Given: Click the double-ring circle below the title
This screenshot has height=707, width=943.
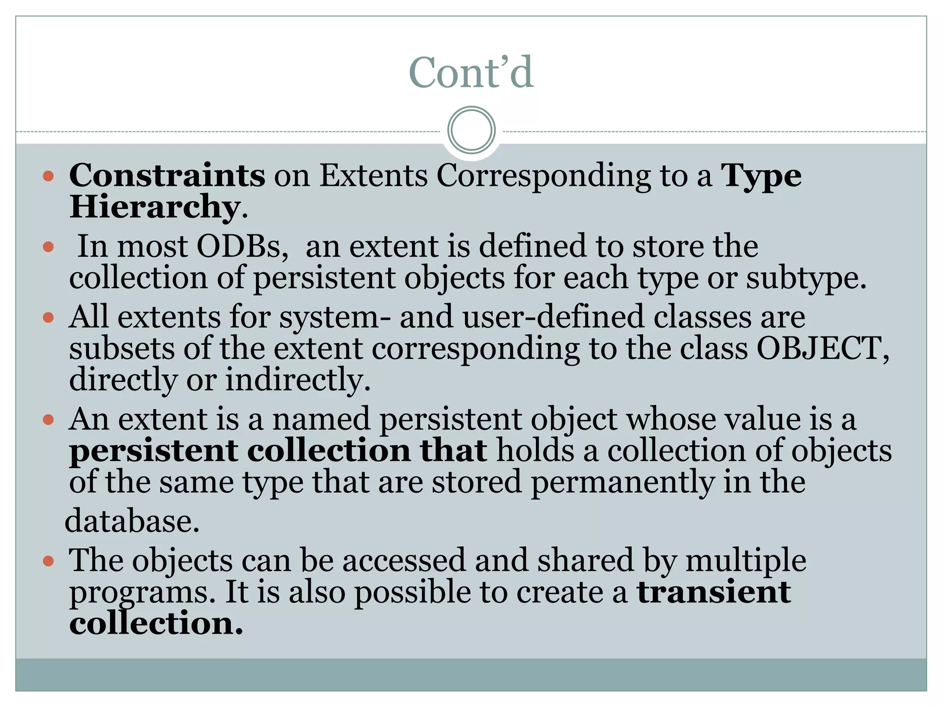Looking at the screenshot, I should point(471,130).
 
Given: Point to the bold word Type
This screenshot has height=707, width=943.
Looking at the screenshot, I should point(761,176).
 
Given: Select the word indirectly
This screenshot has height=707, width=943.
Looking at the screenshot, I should point(298,380).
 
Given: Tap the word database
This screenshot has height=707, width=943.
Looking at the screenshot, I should point(132,521).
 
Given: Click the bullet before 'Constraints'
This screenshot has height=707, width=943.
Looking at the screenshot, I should point(48,176).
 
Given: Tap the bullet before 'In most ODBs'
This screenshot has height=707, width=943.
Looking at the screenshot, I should point(48,247).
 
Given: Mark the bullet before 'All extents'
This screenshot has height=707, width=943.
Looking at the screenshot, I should point(48,318).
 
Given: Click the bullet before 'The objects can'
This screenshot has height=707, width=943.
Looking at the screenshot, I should point(48,561).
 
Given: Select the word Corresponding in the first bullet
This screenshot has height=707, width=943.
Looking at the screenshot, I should point(544,176).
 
